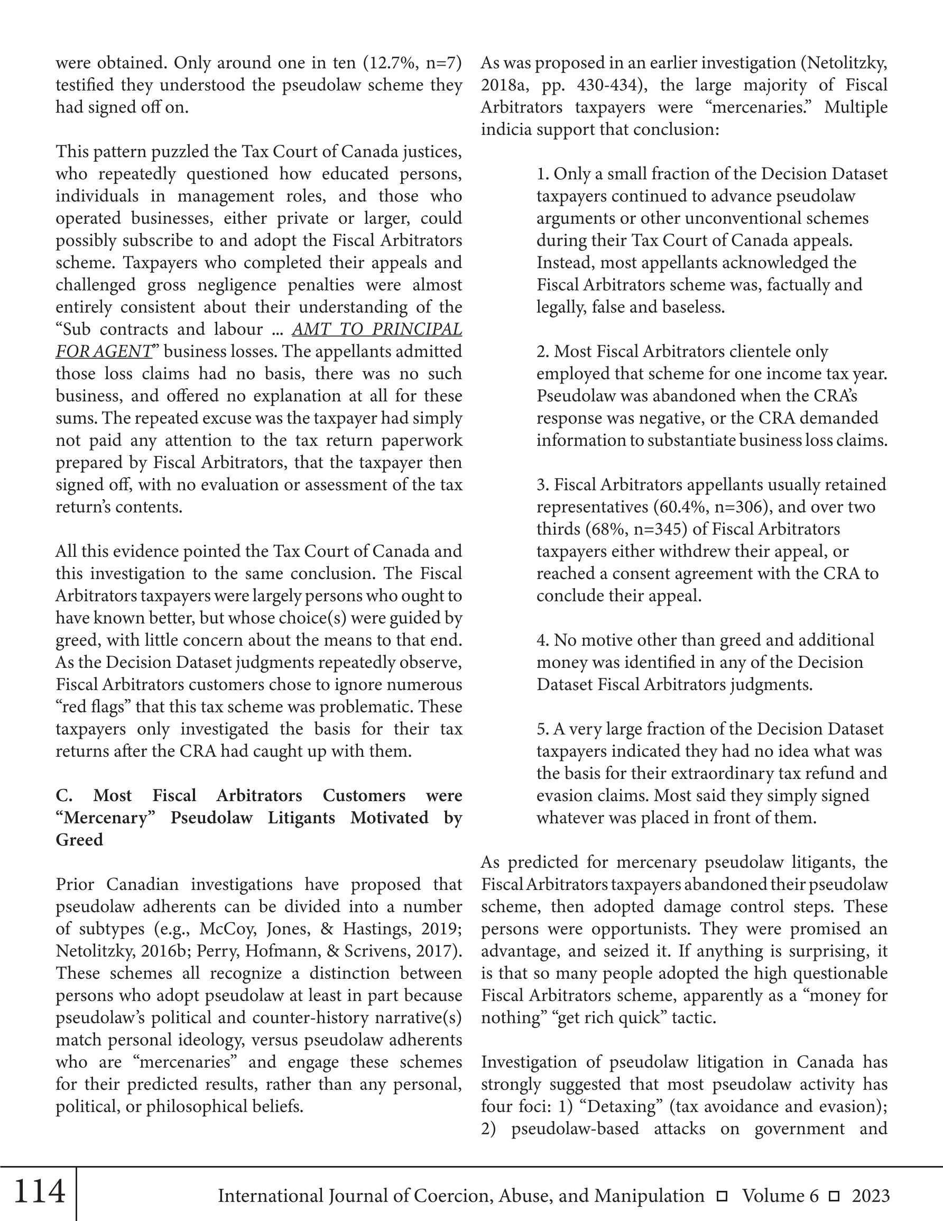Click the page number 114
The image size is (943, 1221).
39,1191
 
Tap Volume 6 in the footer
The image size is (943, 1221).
780,1196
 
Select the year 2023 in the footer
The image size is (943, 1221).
871,1196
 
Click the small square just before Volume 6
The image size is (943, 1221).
722,1196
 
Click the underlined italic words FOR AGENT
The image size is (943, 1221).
104,351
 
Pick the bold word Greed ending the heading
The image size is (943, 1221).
79,840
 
